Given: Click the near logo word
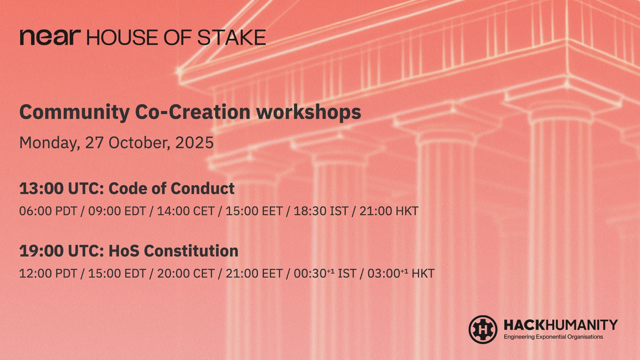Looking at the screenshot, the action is click(50, 37).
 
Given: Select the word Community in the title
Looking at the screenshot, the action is click(74, 113).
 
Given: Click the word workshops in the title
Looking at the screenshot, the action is click(308, 112).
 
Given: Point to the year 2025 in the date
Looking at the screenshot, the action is click(194, 143).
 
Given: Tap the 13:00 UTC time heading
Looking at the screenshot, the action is click(62, 189).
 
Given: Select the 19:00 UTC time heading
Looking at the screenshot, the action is click(62, 251).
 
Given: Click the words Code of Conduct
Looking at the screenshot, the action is click(172, 189).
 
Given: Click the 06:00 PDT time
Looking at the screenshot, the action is click(48, 211).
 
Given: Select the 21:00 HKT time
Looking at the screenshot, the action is click(389, 211).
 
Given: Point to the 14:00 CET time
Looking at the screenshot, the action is click(186, 211).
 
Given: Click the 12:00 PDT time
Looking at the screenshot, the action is click(48, 273).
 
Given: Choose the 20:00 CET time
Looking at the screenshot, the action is click(186, 273).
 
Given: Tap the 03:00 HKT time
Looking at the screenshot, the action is click(401, 273).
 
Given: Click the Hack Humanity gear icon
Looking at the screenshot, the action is click(483, 330).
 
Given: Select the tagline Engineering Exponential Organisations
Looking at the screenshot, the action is click(553, 337).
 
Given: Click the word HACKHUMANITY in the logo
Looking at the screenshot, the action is click(561, 325).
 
